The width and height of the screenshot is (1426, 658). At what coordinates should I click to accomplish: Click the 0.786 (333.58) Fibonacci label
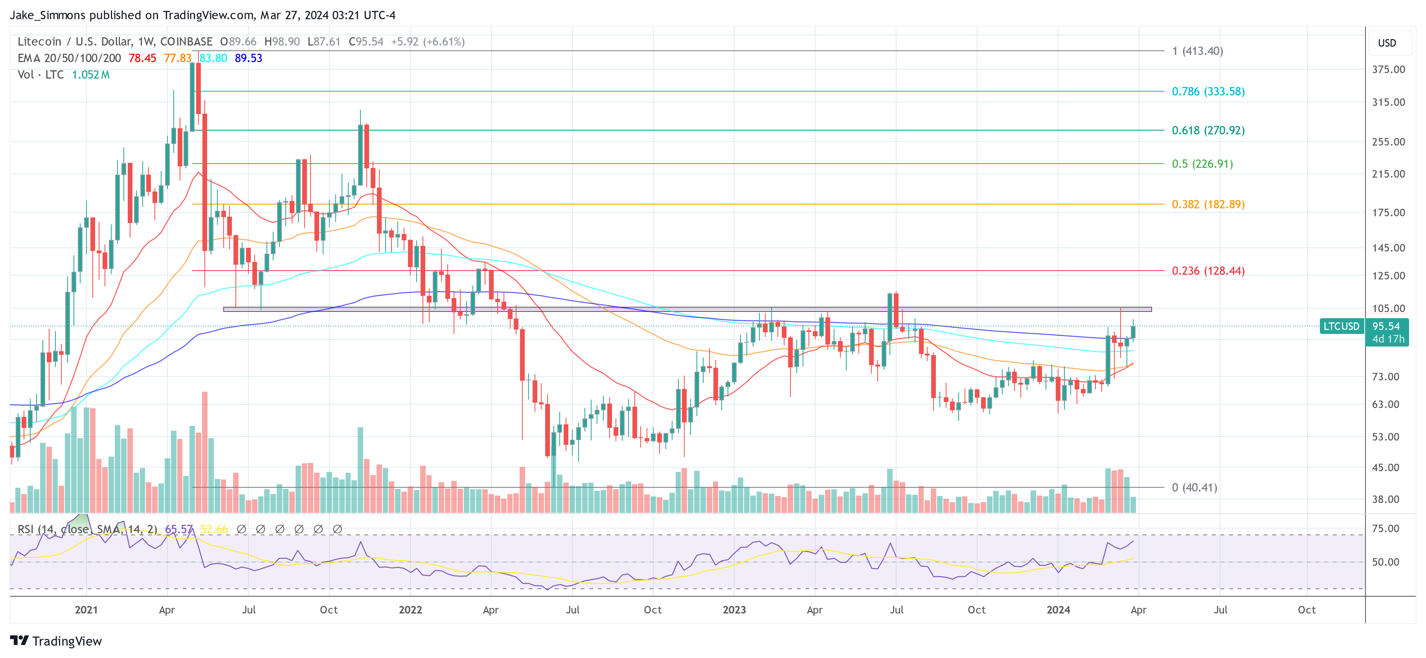(x=1207, y=91)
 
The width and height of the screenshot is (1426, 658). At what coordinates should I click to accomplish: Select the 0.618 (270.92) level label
(x=1207, y=130)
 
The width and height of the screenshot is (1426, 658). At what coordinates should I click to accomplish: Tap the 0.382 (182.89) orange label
(x=1207, y=205)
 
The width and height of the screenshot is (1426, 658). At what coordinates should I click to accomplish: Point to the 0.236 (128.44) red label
(x=1207, y=271)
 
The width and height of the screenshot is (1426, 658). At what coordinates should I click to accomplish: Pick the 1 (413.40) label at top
(x=1197, y=51)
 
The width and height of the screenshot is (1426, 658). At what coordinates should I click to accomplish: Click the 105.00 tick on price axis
(x=1388, y=308)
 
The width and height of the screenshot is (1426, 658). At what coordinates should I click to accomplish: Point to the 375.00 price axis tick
(x=1388, y=69)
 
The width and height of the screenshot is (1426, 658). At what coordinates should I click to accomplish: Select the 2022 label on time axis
(x=410, y=610)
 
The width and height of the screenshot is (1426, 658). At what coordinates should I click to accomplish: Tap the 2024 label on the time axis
(x=1058, y=610)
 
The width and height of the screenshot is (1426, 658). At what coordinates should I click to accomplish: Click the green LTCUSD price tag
(x=1341, y=326)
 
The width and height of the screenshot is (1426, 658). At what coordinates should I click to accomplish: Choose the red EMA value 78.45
(x=142, y=58)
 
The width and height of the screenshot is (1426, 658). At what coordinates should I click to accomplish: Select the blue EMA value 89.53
(x=248, y=58)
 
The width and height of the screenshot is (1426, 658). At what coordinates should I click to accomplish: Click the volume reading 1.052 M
(x=91, y=75)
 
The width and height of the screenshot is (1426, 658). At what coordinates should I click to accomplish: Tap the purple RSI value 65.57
(x=178, y=529)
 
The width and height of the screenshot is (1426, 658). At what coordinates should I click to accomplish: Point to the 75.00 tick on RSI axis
(x=1385, y=528)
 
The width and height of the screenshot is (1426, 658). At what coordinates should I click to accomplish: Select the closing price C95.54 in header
(x=366, y=42)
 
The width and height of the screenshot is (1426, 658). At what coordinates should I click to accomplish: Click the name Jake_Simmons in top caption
(x=48, y=15)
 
